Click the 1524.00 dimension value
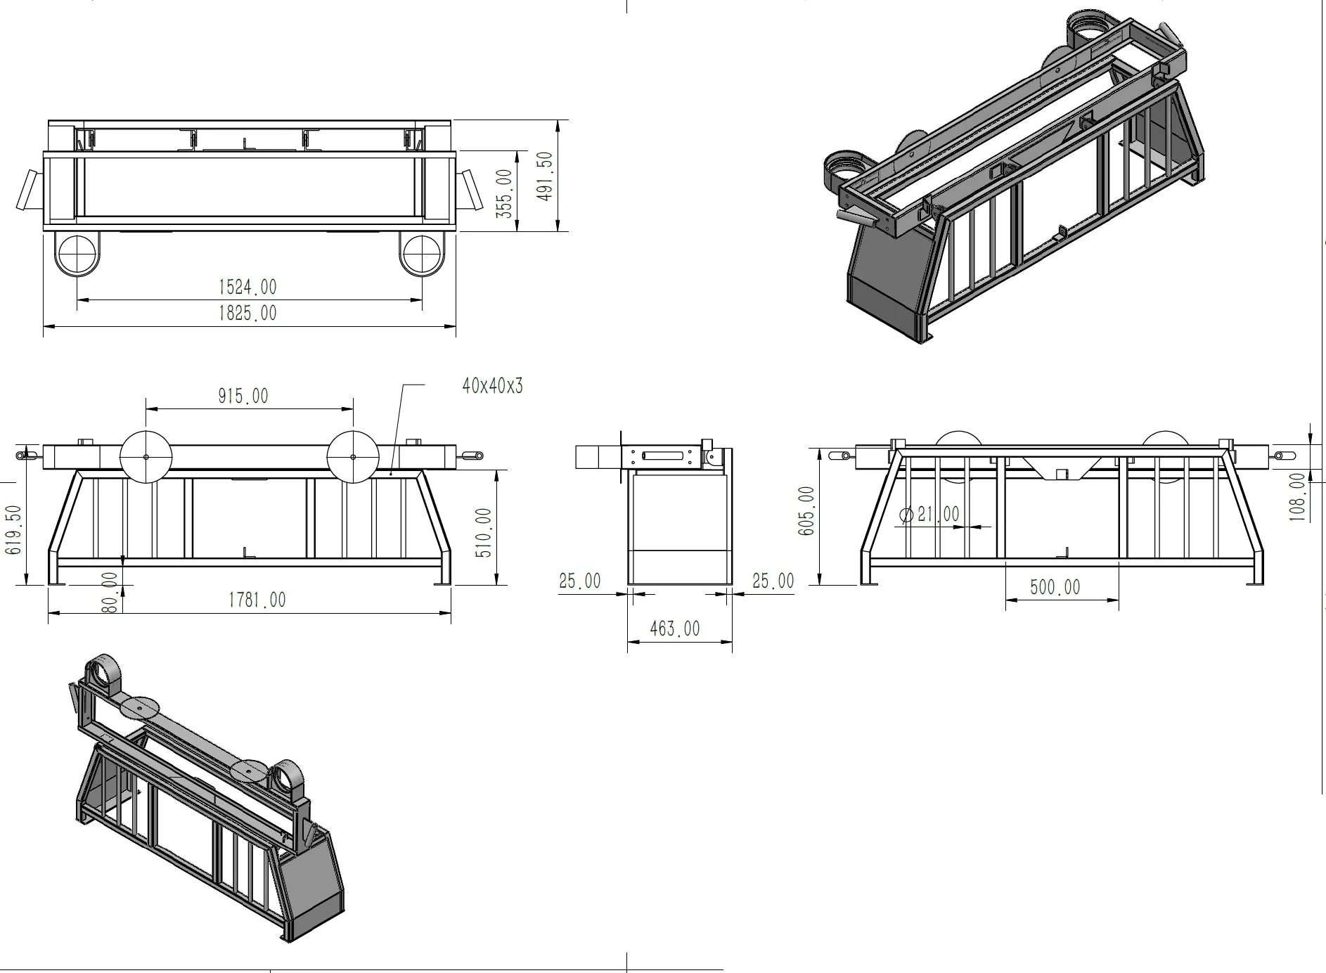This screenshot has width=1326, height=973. [x=247, y=287]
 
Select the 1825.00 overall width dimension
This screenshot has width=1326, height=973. [x=247, y=313]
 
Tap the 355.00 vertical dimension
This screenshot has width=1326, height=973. [x=504, y=193]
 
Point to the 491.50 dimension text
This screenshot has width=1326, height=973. [x=545, y=176]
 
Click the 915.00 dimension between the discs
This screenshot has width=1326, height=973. [x=243, y=396]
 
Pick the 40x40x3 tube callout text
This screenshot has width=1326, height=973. [x=493, y=385]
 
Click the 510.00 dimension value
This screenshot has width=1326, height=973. [x=484, y=533]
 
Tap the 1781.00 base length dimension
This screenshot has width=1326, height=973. [x=257, y=600]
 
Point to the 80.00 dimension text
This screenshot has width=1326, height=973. [x=110, y=592]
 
